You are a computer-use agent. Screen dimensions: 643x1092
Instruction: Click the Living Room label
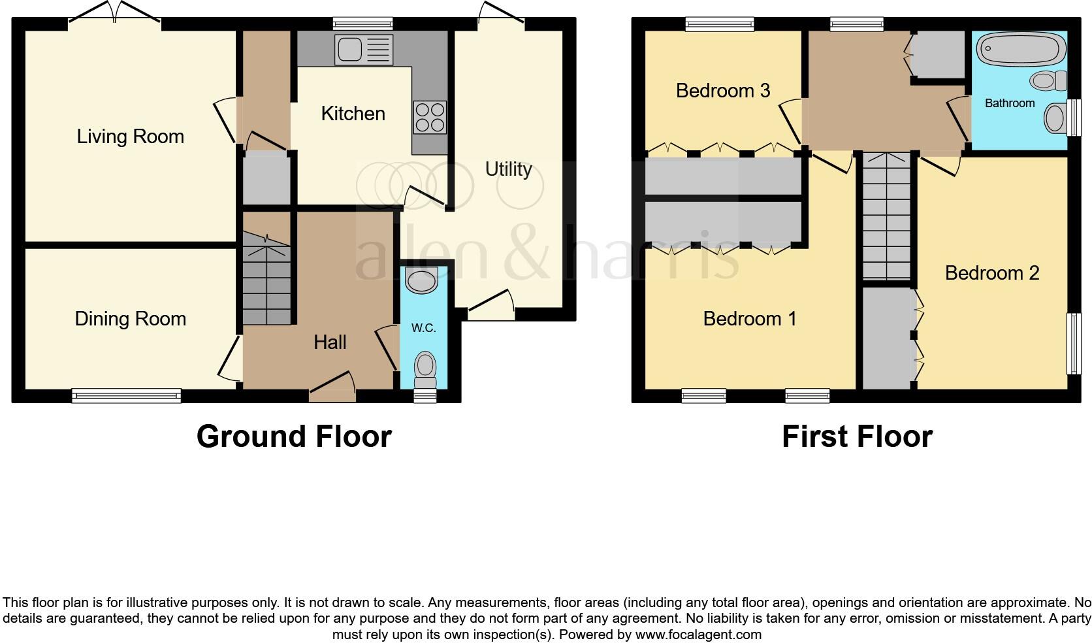pyautogui.click(x=130, y=137)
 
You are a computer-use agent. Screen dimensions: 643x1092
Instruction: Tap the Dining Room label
pyautogui.click(x=130, y=319)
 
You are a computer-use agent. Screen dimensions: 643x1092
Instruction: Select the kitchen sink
pyautogui.click(x=364, y=50)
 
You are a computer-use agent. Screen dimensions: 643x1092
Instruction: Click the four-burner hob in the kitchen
pyautogui.click(x=430, y=118)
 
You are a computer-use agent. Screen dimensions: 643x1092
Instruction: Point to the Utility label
pyautogui.click(x=508, y=169)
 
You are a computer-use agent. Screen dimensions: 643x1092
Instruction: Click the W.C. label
pyautogui.click(x=423, y=328)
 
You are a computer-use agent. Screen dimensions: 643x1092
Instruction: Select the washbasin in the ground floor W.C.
pyautogui.click(x=421, y=281)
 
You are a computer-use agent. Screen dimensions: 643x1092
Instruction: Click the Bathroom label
pyautogui.click(x=1010, y=103)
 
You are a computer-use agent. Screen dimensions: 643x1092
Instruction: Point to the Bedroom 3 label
pyautogui.click(x=723, y=90)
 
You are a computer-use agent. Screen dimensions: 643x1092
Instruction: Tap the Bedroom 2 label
pyautogui.click(x=991, y=272)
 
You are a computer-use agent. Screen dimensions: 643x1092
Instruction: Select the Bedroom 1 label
pyautogui.click(x=750, y=319)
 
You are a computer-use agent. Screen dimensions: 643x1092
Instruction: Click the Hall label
pyautogui.click(x=330, y=342)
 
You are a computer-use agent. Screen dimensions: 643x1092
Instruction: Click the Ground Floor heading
pyautogui.click(x=294, y=437)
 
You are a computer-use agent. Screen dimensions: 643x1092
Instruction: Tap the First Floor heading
pyautogui.click(x=857, y=437)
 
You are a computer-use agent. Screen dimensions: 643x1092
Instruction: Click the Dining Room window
pyautogui.click(x=126, y=395)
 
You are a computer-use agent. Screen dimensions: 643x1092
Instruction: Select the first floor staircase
pyautogui.click(x=886, y=216)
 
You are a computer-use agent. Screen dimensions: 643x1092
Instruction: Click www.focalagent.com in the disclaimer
pyautogui.click(x=698, y=634)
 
